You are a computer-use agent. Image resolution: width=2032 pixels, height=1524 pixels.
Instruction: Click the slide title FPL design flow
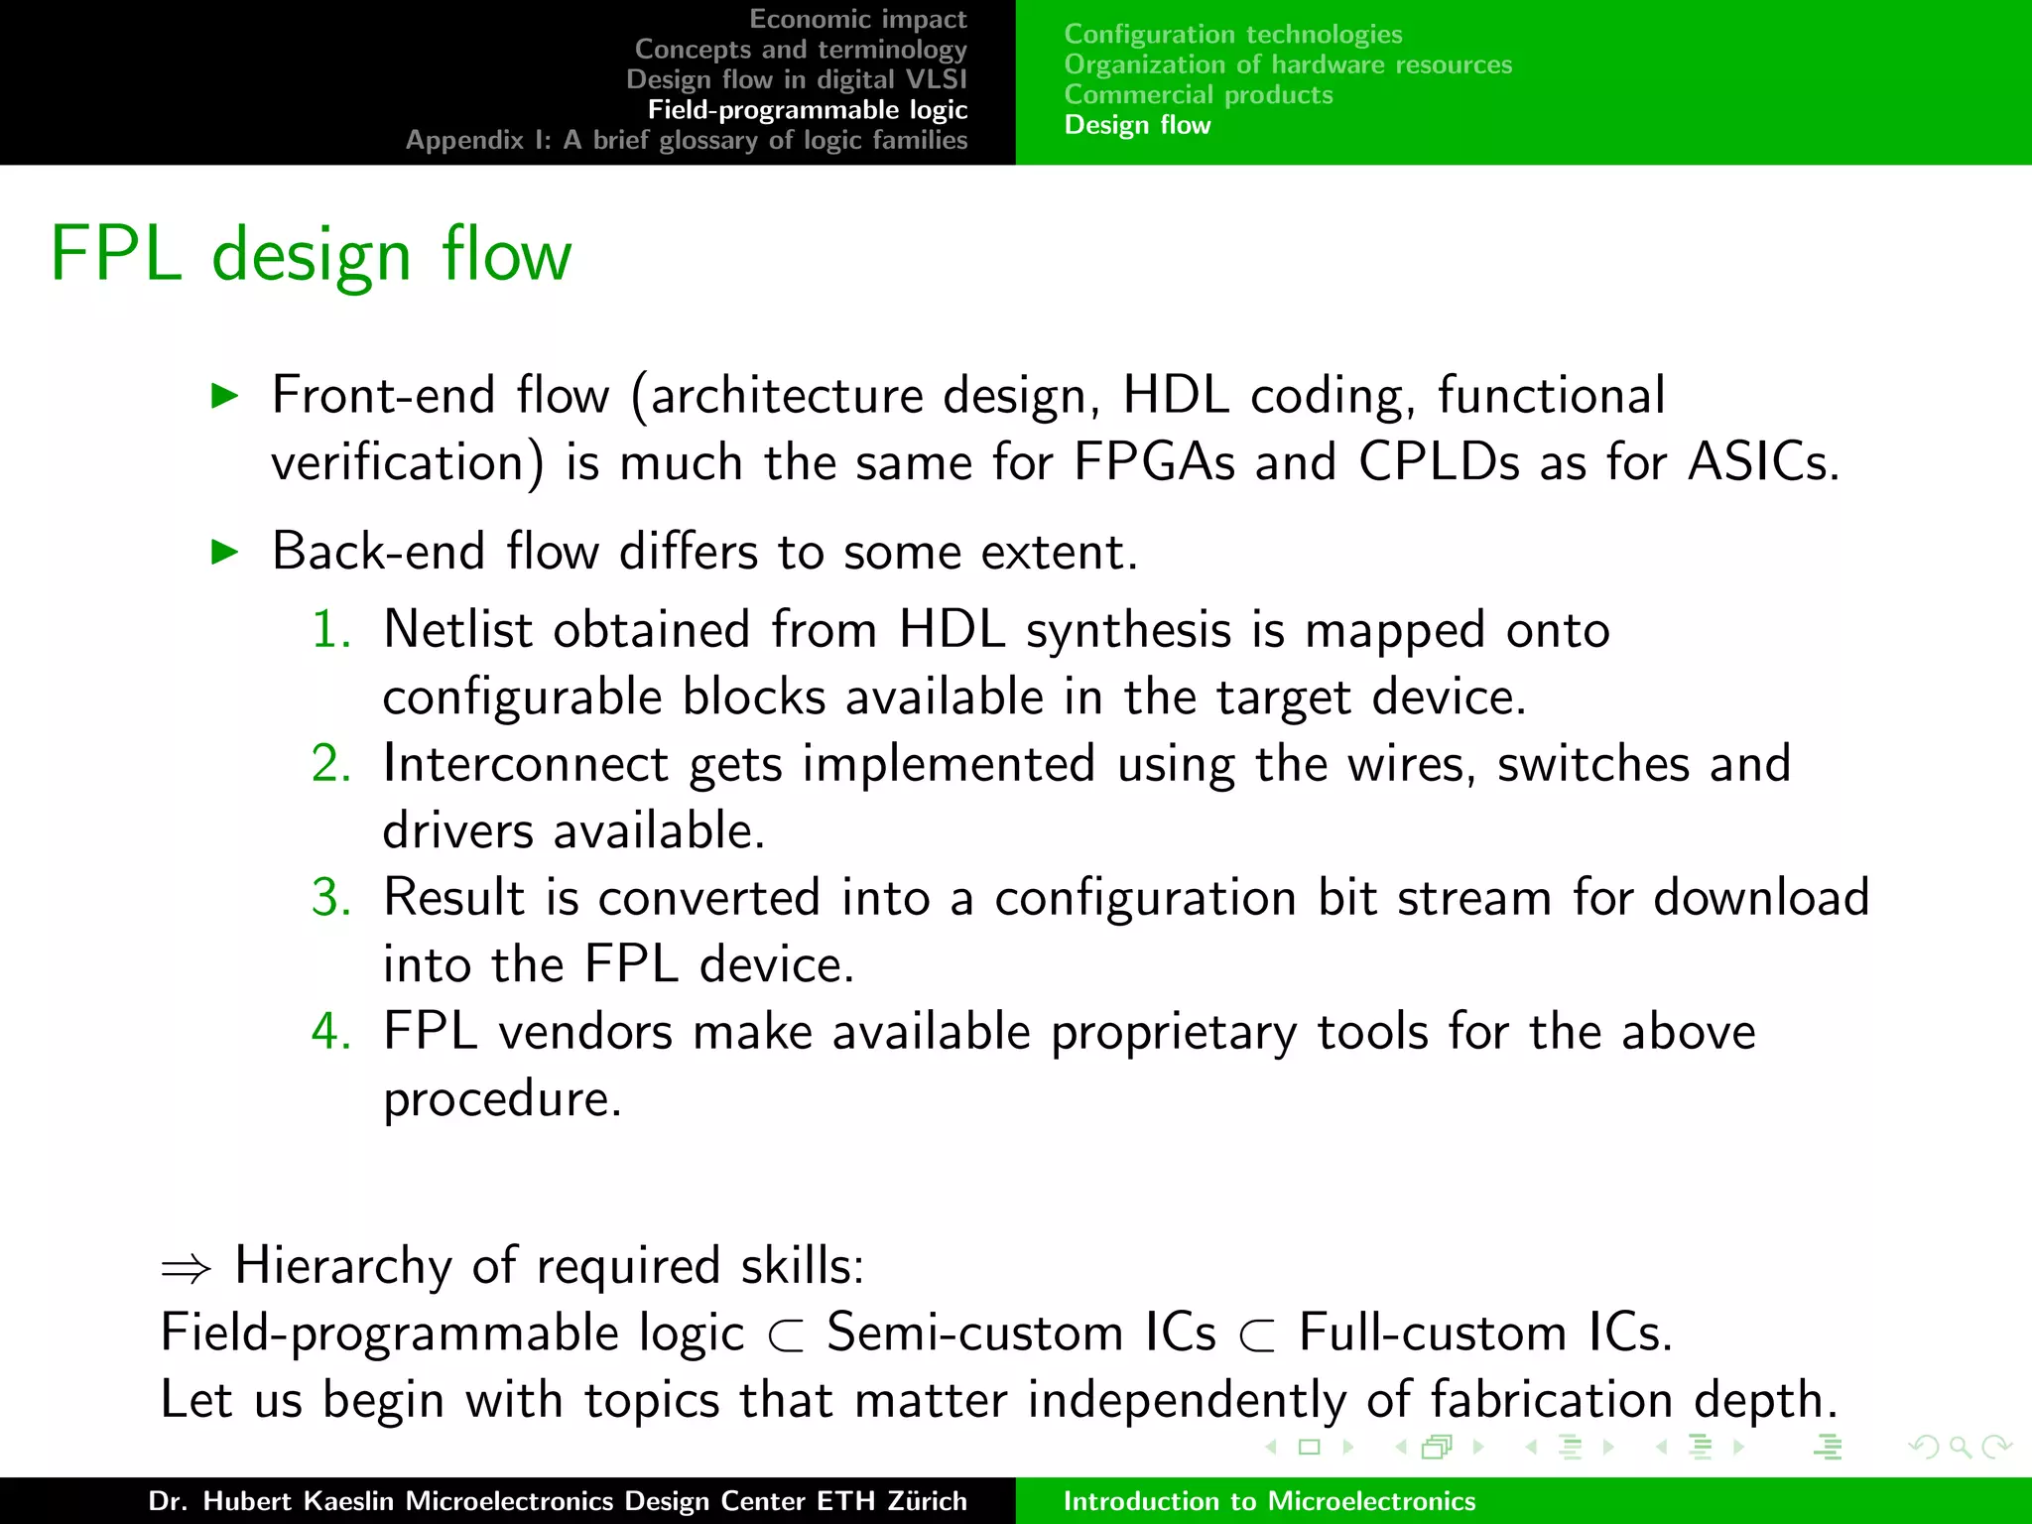tap(311, 255)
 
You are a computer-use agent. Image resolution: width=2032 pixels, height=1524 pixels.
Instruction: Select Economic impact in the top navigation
tap(857, 19)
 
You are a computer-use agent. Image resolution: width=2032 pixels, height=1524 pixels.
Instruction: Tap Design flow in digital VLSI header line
tap(796, 79)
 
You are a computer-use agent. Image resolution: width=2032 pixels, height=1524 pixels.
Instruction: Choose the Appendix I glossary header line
tap(686, 140)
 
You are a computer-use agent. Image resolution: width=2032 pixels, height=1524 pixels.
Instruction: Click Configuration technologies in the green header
tap(1232, 34)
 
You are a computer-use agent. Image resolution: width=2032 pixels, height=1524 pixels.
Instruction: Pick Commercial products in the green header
tap(1198, 94)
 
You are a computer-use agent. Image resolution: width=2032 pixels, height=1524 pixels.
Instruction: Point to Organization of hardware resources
tap(1287, 64)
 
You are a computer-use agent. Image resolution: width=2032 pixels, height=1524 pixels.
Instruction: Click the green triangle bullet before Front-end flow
tap(226, 397)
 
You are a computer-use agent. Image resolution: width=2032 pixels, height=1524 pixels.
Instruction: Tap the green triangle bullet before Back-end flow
tap(226, 553)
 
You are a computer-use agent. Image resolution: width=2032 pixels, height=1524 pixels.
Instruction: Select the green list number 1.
tap(330, 630)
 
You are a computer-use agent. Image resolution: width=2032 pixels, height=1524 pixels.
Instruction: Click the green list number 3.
tap(330, 898)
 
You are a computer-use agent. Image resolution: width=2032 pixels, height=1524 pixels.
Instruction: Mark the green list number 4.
tap(330, 1032)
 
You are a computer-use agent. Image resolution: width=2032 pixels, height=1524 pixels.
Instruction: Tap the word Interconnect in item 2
tap(526, 764)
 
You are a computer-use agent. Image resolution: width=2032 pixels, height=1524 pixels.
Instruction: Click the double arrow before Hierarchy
tap(187, 1269)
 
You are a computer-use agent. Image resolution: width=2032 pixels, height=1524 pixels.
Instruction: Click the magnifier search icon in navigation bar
tap(1960, 1447)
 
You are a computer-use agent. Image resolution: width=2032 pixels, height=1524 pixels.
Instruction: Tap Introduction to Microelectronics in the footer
tap(1269, 1501)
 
